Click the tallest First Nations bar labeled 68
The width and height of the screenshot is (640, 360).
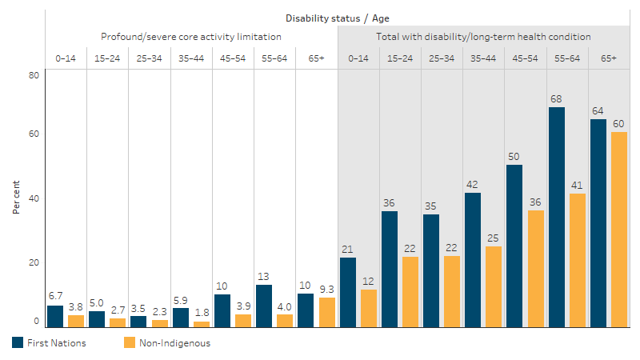(557, 217)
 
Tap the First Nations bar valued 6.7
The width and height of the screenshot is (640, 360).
(55, 316)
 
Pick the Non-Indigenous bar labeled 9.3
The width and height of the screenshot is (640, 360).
(326, 312)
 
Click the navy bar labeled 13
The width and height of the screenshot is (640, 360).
(264, 306)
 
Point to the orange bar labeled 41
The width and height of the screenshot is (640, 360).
(577, 260)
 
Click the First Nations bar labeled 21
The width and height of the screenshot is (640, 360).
(348, 292)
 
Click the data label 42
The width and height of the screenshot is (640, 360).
(473, 184)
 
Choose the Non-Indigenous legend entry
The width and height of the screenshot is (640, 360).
(166, 342)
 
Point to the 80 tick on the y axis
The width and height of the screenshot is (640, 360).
(34, 75)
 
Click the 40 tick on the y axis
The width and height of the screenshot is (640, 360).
(34, 198)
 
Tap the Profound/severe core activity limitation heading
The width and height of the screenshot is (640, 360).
(190, 37)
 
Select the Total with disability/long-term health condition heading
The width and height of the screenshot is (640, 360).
(483, 37)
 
